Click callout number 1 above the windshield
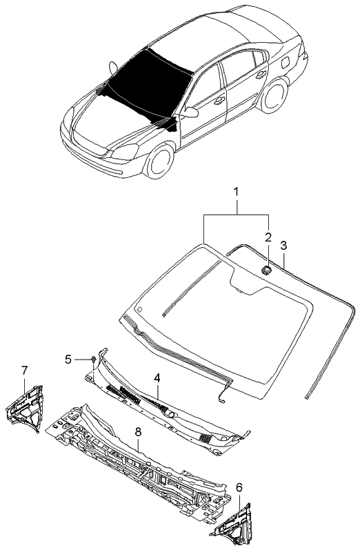pyautogui.click(x=237, y=193)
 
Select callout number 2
pyautogui.click(x=268, y=237)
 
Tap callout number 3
pyautogui.click(x=283, y=245)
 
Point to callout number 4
pyautogui.click(x=157, y=377)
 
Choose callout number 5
pyautogui.click(x=68, y=359)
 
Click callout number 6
pyautogui.click(x=239, y=487)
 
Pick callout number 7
pyautogui.click(x=24, y=370)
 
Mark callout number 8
pyautogui.click(x=138, y=432)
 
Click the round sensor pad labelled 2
pyautogui.click(x=266, y=270)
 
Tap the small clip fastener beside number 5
pyautogui.click(x=93, y=359)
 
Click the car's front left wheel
pyautogui.click(x=160, y=161)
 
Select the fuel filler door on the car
pyautogui.click(x=285, y=62)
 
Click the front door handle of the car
pyautogui.click(x=219, y=101)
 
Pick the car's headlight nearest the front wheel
pyautogui.click(x=125, y=152)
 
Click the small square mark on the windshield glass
pyautogui.click(x=139, y=309)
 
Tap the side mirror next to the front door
pyautogui.click(x=191, y=112)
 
